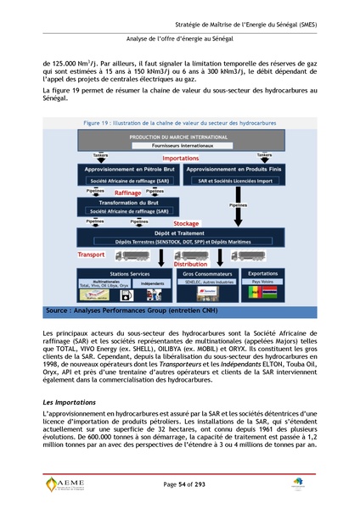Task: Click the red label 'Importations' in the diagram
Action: coord(181,158)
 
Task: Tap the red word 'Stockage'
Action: coord(185,224)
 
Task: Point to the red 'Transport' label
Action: coord(92,254)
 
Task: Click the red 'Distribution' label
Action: coord(190,264)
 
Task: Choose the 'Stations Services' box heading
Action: coord(115,275)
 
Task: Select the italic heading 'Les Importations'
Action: coord(70,400)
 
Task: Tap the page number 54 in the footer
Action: coord(180,484)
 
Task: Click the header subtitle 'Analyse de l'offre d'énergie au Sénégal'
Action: coord(179,39)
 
